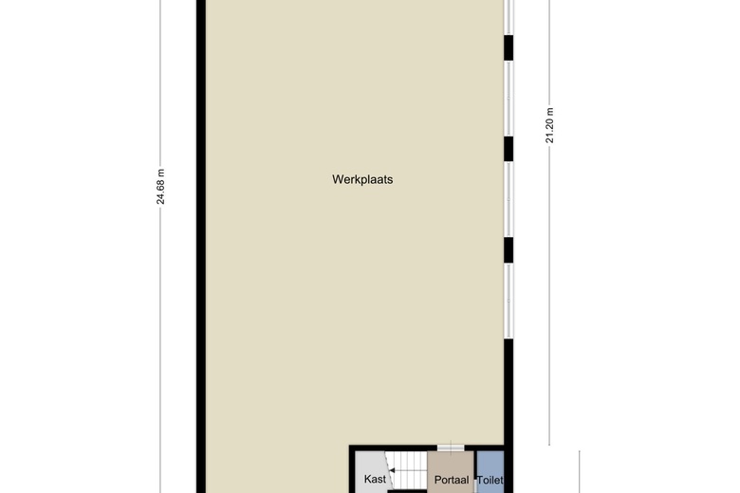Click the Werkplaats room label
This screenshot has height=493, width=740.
coord(362,180)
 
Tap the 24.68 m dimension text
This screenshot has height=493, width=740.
coord(161,187)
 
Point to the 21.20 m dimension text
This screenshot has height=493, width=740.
coord(550,125)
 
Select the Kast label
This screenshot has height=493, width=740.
coord(375,480)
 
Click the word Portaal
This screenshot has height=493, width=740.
coord(452,481)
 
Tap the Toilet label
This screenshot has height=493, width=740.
coord(490,481)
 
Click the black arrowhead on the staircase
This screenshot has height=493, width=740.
coord(392,470)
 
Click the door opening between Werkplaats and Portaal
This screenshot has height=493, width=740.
coord(451,447)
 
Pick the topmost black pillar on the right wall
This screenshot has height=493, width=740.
coord(509,47)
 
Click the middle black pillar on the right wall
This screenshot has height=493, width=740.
coord(509,149)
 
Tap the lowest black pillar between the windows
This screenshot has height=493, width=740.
coord(509,250)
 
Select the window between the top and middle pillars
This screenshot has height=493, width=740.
coord(509,99)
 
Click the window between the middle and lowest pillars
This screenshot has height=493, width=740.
coord(509,199)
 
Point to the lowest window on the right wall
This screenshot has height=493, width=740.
coord(509,301)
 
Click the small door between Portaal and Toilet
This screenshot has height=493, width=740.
coord(475,486)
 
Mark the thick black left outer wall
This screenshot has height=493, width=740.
coord(201,246)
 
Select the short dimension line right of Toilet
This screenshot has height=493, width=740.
coord(579,472)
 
